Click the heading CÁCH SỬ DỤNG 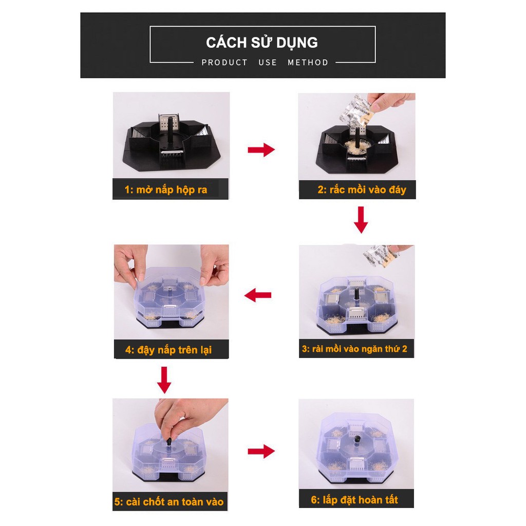[x=262, y=42]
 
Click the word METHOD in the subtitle [x=308, y=63]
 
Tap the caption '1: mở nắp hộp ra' [x=166, y=190]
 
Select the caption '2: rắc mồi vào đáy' [x=362, y=190]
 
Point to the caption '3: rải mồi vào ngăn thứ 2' [x=355, y=349]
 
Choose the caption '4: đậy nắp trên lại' [x=168, y=350]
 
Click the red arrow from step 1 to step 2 [x=261, y=150]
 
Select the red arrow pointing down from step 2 [x=362, y=219]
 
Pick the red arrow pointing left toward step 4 [x=258, y=295]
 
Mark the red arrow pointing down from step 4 [x=164, y=380]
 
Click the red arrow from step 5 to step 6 [x=261, y=452]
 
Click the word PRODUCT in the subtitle [x=224, y=63]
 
